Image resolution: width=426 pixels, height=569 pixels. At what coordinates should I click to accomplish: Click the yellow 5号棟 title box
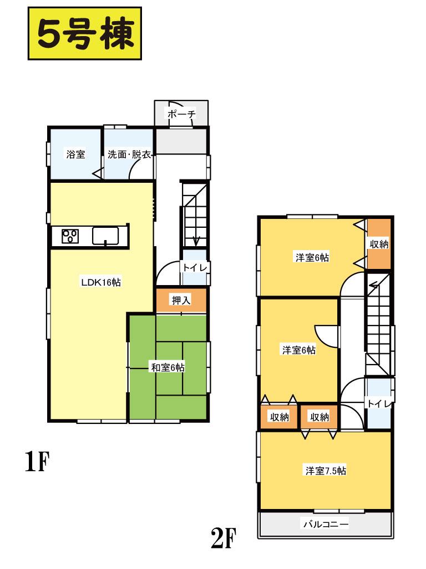point(85,33)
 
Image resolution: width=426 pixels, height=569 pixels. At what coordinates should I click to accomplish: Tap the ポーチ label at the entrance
point(181,114)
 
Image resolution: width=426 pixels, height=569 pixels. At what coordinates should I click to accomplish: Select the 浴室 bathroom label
point(75,154)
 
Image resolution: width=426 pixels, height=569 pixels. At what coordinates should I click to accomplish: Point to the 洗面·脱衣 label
point(129,154)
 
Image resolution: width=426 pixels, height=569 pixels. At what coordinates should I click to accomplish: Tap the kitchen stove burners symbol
point(70,236)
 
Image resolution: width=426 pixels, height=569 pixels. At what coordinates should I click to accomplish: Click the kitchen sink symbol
point(105,236)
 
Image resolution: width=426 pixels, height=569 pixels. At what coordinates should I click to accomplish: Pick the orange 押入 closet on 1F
point(181,301)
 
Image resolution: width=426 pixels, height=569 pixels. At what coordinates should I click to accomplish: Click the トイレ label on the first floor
point(195,268)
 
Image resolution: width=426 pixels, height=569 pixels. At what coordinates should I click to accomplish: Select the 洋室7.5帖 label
point(325,471)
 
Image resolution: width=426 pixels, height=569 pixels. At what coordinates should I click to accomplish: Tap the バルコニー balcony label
point(325,523)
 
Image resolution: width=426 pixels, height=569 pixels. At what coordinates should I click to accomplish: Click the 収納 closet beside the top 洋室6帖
point(379,243)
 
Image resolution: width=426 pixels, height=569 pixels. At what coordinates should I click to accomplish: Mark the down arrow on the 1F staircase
point(196,240)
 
